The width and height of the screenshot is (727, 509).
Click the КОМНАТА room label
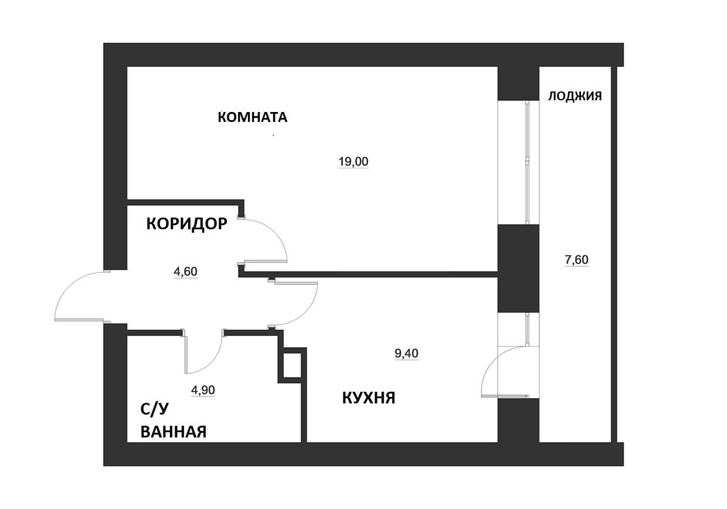pos(253,117)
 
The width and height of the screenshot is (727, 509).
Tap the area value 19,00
pos(353,162)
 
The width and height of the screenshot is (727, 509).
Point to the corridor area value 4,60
pos(185,272)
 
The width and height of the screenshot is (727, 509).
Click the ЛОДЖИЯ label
pos(575,96)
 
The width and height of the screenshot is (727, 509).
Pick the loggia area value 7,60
pos(576,260)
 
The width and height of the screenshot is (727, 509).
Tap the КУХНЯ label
pos(369,398)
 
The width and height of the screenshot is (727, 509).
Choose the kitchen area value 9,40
pos(406,353)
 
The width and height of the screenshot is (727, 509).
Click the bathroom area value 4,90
pos(203,390)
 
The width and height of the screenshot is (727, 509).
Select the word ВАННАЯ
pos(174,432)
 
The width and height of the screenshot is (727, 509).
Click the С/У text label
pos(155,409)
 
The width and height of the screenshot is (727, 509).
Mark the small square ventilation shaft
pos(292,365)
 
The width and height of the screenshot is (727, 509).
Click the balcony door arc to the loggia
pos(490,364)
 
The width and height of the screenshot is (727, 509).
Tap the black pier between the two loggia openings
pos(518,269)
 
